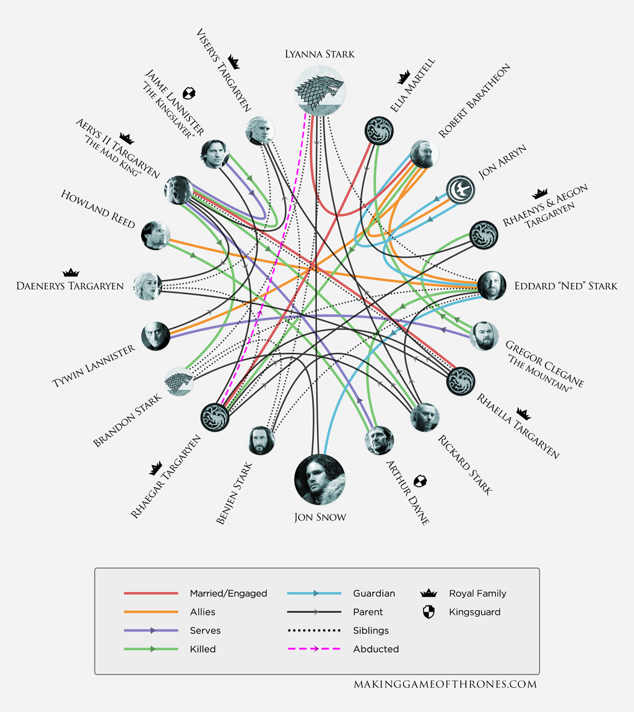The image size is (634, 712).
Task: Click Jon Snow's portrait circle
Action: (x=319, y=479)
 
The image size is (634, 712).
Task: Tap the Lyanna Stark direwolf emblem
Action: (x=319, y=90)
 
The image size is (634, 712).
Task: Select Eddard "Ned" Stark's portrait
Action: (x=492, y=285)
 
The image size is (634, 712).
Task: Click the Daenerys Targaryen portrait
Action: (x=147, y=285)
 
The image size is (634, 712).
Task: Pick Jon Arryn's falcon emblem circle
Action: (x=461, y=190)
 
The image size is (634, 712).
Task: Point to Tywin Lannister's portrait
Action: (x=156, y=336)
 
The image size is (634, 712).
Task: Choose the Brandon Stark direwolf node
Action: (x=179, y=381)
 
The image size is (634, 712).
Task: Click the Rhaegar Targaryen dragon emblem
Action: (x=215, y=417)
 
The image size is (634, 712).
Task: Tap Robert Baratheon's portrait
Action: (x=425, y=154)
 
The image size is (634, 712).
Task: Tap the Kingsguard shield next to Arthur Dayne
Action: (x=420, y=481)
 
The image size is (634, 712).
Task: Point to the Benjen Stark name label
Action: (x=234, y=493)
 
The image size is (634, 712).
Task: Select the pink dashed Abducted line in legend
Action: (x=314, y=649)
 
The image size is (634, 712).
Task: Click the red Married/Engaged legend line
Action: (x=151, y=593)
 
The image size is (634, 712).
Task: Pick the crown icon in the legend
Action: (x=428, y=593)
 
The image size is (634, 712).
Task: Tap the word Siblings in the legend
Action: (x=371, y=630)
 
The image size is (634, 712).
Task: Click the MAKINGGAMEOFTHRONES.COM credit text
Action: (x=445, y=684)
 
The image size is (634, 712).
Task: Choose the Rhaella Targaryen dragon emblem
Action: (x=461, y=381)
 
